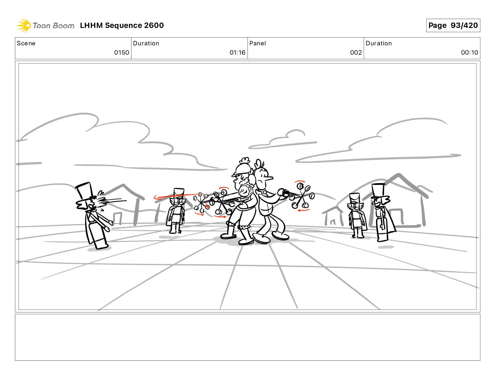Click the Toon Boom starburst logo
(x=23, y=25)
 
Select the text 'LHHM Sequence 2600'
(x=122, y=25)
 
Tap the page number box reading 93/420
(x=453, y=25)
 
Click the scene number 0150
(x=122, y=53)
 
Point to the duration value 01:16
(x=237, y=53)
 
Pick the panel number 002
(x=356, y=53)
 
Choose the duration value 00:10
(x=469, y=53)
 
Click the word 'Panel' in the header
(x=258, y=43)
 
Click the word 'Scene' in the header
(x=26, y=43)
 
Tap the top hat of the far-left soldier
(x=85, y=192)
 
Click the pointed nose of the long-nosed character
(x=270, y=178)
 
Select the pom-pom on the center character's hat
(x=245, y=160)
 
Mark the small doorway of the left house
(x=118, y=218)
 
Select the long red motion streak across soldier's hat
(x=176, y=196)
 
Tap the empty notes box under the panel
(x=248, y=337)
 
